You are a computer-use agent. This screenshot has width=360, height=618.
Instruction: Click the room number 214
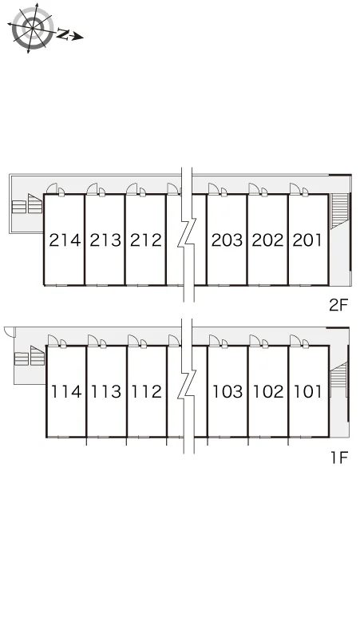65,240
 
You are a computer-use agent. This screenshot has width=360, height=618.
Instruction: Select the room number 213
105,240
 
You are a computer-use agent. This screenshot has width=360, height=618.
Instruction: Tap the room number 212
146,240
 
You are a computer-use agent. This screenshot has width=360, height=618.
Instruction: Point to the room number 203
227,240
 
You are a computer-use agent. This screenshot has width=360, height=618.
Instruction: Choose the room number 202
268,240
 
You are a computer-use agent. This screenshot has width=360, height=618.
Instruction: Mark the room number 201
307,240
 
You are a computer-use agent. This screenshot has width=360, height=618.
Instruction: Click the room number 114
66,392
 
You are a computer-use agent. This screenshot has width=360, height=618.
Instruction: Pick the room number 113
106,392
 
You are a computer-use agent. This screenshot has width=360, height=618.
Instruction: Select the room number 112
147,392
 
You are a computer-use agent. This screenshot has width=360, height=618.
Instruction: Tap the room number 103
228,392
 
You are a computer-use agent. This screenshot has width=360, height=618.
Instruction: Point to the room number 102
268,392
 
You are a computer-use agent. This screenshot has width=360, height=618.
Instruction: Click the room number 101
308,392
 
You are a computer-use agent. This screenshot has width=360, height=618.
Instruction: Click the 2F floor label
339,305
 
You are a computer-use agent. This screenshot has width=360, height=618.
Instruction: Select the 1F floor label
339,458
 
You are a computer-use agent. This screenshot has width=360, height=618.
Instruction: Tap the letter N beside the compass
62,34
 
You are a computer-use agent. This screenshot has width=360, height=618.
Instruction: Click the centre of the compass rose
32,27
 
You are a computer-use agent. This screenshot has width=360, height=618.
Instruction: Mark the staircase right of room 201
340,211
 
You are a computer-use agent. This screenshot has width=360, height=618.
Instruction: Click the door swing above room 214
52,188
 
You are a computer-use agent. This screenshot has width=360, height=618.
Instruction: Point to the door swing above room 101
295,340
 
